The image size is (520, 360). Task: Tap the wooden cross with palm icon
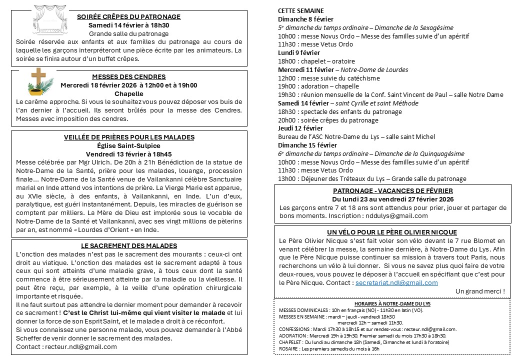(x=38, y=82)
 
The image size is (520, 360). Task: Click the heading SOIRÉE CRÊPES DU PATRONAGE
(x=129, y=16)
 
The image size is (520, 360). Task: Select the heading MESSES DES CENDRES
(x=129, y=76)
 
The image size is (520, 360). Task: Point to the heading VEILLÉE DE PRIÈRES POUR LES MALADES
(x=129, y=137)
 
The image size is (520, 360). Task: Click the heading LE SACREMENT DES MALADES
(x=129, y=245)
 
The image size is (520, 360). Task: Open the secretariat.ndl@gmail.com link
(x=396, y=282)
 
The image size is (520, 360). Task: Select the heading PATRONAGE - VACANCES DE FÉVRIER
(x=393, y=190)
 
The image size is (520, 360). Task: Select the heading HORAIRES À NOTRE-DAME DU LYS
(x=392, y=303)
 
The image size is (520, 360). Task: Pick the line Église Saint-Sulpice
(x=129, y=145)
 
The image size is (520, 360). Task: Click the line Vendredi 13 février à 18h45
(x=129, y=154)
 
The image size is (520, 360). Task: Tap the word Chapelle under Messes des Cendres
(x=129, y=93)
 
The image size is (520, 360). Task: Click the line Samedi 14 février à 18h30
(x=129, y=25)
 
